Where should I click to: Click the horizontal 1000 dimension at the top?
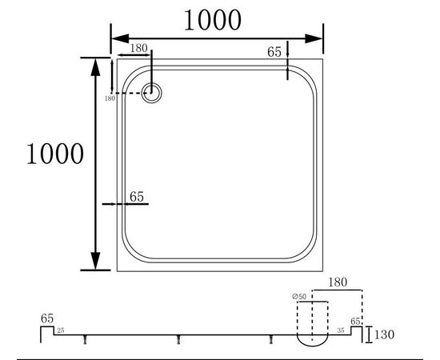[x=213, y=20]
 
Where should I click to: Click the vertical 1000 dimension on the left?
[x=55, y=154]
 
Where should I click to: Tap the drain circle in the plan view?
[x=151, y=93]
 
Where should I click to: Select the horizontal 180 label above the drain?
[x=138, y=48]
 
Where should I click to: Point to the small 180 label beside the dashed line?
[x=110, y=98]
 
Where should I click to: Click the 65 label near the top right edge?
[x=274, y=52]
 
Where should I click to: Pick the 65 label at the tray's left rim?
[x=137, y=197]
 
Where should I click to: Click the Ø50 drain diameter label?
[x=299, y=297]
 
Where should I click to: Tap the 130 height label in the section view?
[x=384, y=334]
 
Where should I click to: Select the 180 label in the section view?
[x=338, y=282]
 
